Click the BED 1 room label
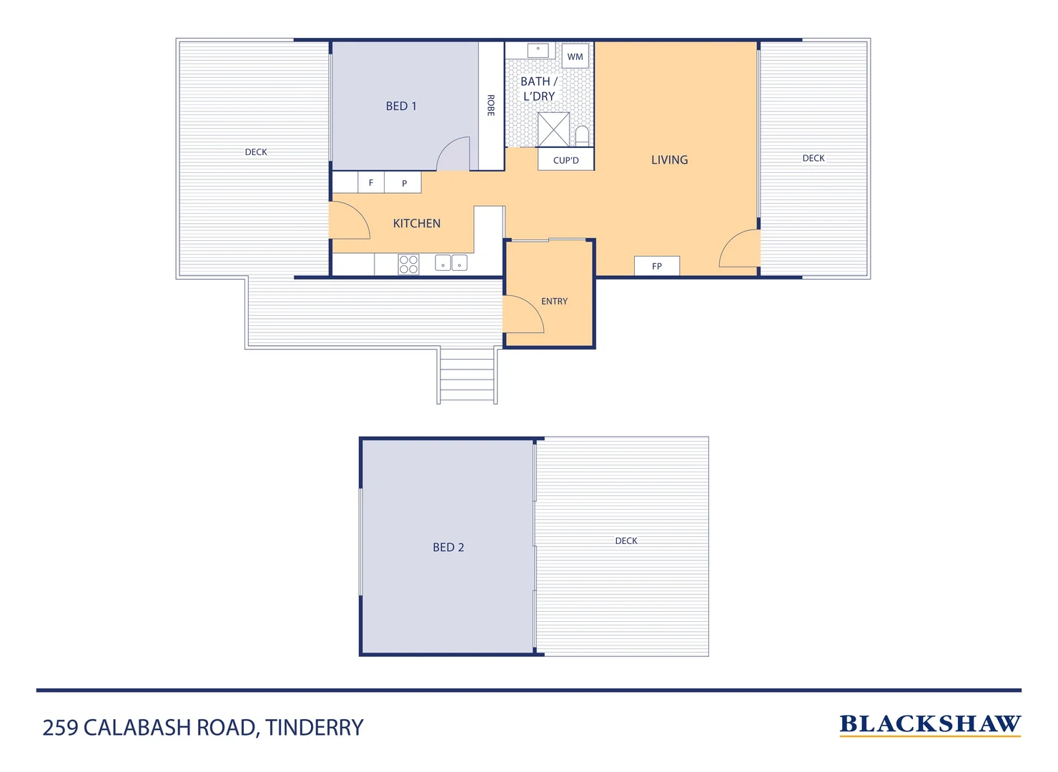401,107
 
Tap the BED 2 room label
448,548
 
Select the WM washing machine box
575,56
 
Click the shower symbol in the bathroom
553,129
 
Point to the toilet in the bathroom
582,135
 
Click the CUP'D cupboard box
565,160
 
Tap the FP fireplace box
657,266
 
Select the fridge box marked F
371,183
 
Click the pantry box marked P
404,183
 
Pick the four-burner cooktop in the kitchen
409,264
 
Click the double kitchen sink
451,263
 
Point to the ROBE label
490,106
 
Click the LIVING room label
669,160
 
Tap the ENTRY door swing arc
524,315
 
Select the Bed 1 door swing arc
453,154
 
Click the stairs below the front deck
468,375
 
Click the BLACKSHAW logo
930,725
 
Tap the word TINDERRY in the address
315,728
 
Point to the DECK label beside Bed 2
626,541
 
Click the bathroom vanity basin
538,50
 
